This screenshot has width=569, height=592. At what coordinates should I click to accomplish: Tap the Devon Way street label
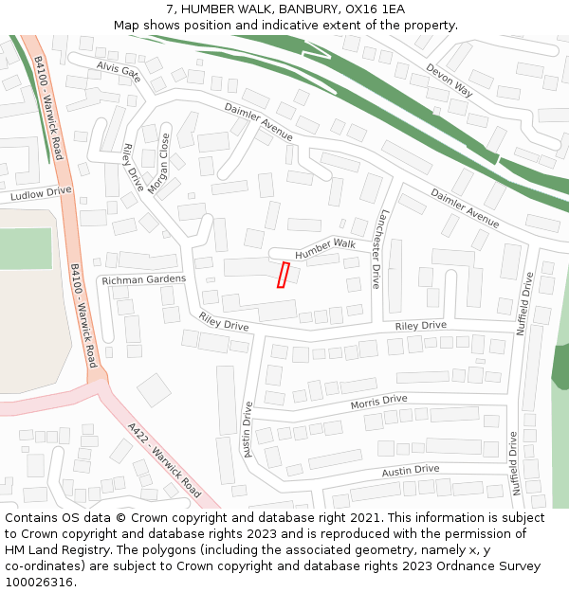point(449,81)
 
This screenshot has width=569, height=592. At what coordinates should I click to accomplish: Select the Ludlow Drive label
point(41,193)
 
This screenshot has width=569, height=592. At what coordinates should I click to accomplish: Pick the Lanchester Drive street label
point(379,249)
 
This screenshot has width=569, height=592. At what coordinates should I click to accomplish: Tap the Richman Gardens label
point(144,280)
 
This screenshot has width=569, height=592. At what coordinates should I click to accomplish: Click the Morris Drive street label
point(378,403)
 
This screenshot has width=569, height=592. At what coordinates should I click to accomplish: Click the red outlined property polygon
point(283,275)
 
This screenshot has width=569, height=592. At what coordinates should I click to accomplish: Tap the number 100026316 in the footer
point(38,583)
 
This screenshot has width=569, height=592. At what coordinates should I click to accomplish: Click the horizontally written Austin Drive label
point(411,470)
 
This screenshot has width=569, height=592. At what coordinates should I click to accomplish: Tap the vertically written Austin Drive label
point(248,430)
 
